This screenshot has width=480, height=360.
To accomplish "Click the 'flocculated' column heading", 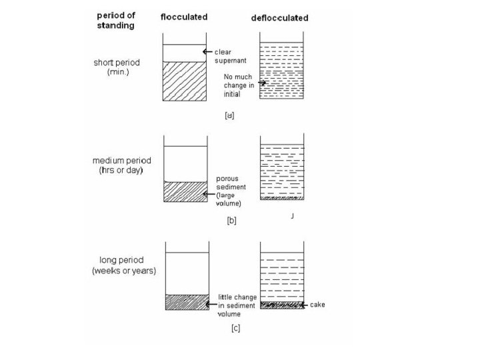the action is (x=183, y=17).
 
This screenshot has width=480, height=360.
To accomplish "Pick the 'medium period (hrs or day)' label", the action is (x=123, y=165).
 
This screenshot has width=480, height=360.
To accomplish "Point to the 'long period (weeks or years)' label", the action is (x=124, y=265).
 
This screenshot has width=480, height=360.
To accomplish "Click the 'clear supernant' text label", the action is (x=229, y=55).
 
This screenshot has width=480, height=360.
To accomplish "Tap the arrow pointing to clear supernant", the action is (x=209, y=51).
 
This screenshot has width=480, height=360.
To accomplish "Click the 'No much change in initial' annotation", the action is (x=237, y=85).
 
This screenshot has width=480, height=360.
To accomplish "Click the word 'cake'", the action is (x=317, y=305).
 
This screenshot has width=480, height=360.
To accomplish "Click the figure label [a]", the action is (x=229, y=115).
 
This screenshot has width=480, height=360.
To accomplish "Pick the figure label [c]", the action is (x=235, y=328).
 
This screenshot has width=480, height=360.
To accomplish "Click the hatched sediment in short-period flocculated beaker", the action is (x=184, y=81).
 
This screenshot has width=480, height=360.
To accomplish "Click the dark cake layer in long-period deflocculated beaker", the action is (x=281, y=305).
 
